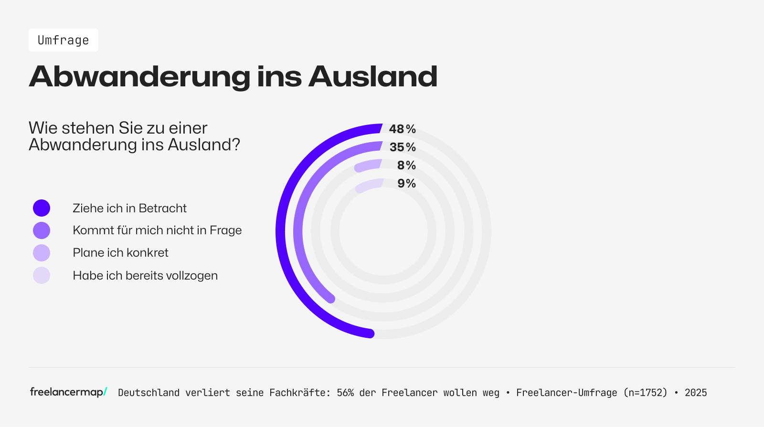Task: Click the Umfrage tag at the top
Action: click(x=64, y=40)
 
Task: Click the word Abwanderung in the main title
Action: click(x=139, y=76)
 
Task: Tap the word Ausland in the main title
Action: click(x=372, y=76)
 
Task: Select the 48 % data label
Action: click(x=402, y=129)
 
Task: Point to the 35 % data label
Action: click(x=402, y=147)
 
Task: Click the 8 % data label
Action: click(x=406, y=165)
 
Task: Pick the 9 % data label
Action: click(x=406, y=183)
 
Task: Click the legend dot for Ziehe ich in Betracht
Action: click(x=42, y=208)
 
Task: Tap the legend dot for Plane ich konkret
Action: click(x=42, y=253)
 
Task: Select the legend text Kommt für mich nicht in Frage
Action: click(x=157, y=230)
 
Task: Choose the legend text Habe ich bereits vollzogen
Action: click(x=145, y=276)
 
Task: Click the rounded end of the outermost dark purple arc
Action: click(x=370, y=333)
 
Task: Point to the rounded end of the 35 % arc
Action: click(x=330, y=299)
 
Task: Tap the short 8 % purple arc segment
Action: click(x=368, y=165)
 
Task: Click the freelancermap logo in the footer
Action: click(x=68, y=392)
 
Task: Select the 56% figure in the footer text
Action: click(x=345, y=393)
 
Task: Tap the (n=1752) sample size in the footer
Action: click(x=645, y=393)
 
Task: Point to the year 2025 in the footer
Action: click(x=696, y=393)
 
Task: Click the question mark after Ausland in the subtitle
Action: click(x=235, y=145)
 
